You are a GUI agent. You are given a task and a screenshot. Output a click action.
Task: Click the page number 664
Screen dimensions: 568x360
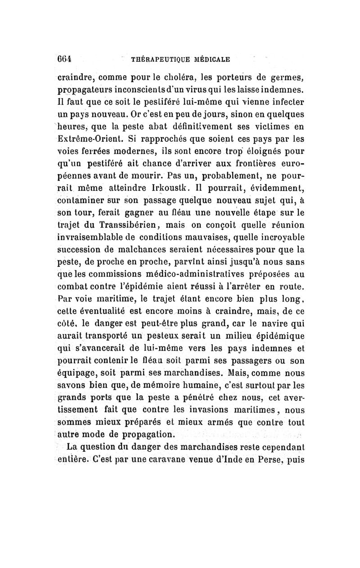pyautogui.click(x=66, y=59)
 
